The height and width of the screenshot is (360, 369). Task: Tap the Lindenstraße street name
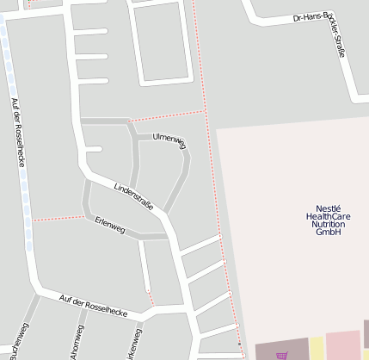tap(133, 196)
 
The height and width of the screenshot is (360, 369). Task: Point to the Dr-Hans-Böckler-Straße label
tap(320, 34)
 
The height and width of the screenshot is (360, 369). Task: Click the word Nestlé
tap(329, 208)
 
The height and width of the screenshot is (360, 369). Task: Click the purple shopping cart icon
tap(282, 355)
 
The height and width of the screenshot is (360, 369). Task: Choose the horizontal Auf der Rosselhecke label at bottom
tap(94, 302)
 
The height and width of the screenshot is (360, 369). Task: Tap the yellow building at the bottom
tap(317, 349)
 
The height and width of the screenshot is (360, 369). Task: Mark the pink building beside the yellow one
tap(343, 345)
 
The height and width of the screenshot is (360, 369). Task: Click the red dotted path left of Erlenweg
tap(58, 217)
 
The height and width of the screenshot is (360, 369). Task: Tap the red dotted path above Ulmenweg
tap(168, 115)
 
